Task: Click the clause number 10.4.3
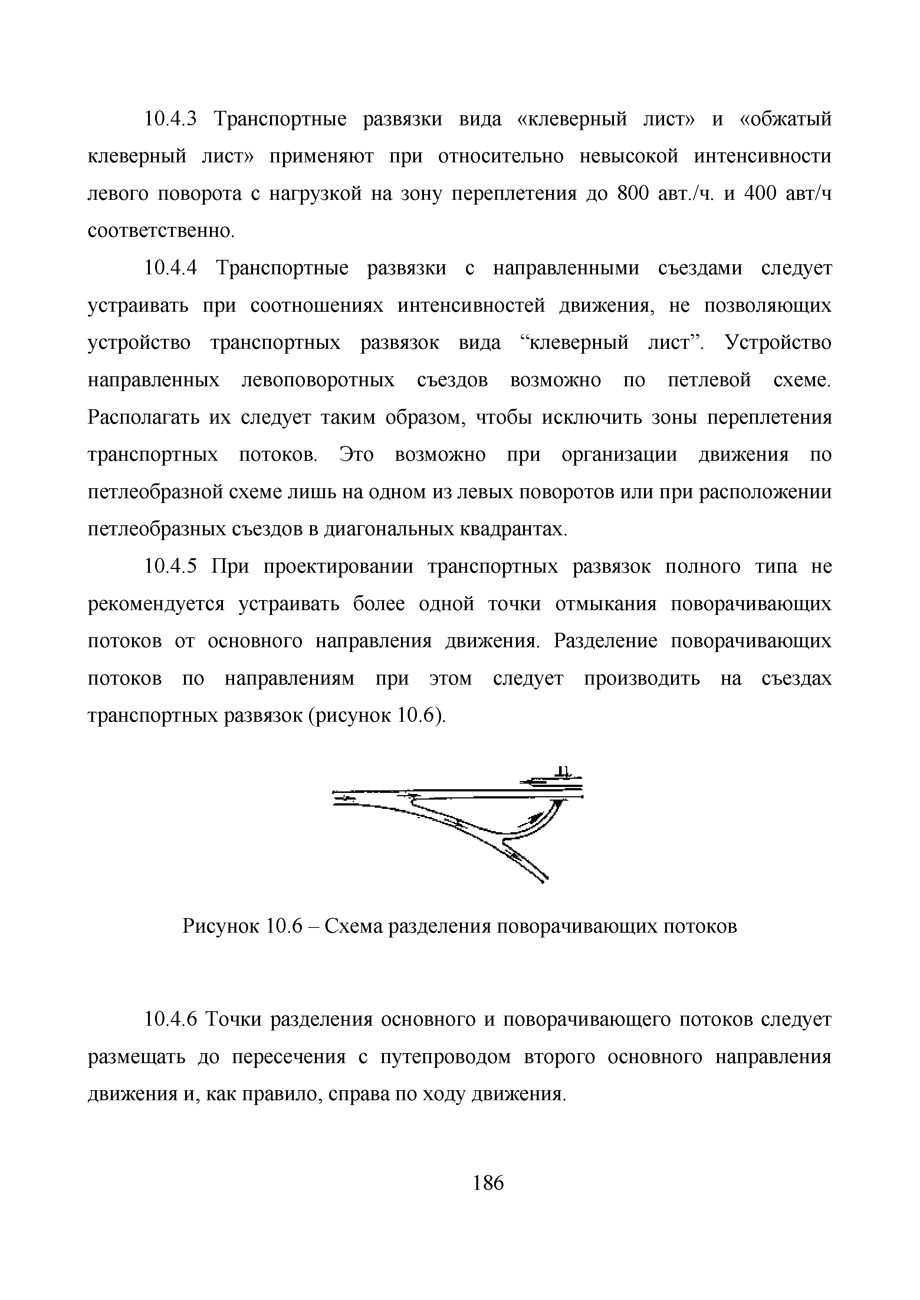pos(171,119)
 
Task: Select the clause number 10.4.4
pos(171,268)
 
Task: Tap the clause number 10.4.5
pos(171,567)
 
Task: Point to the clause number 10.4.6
pos(171,1020)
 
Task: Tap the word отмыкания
pos(605,604)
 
